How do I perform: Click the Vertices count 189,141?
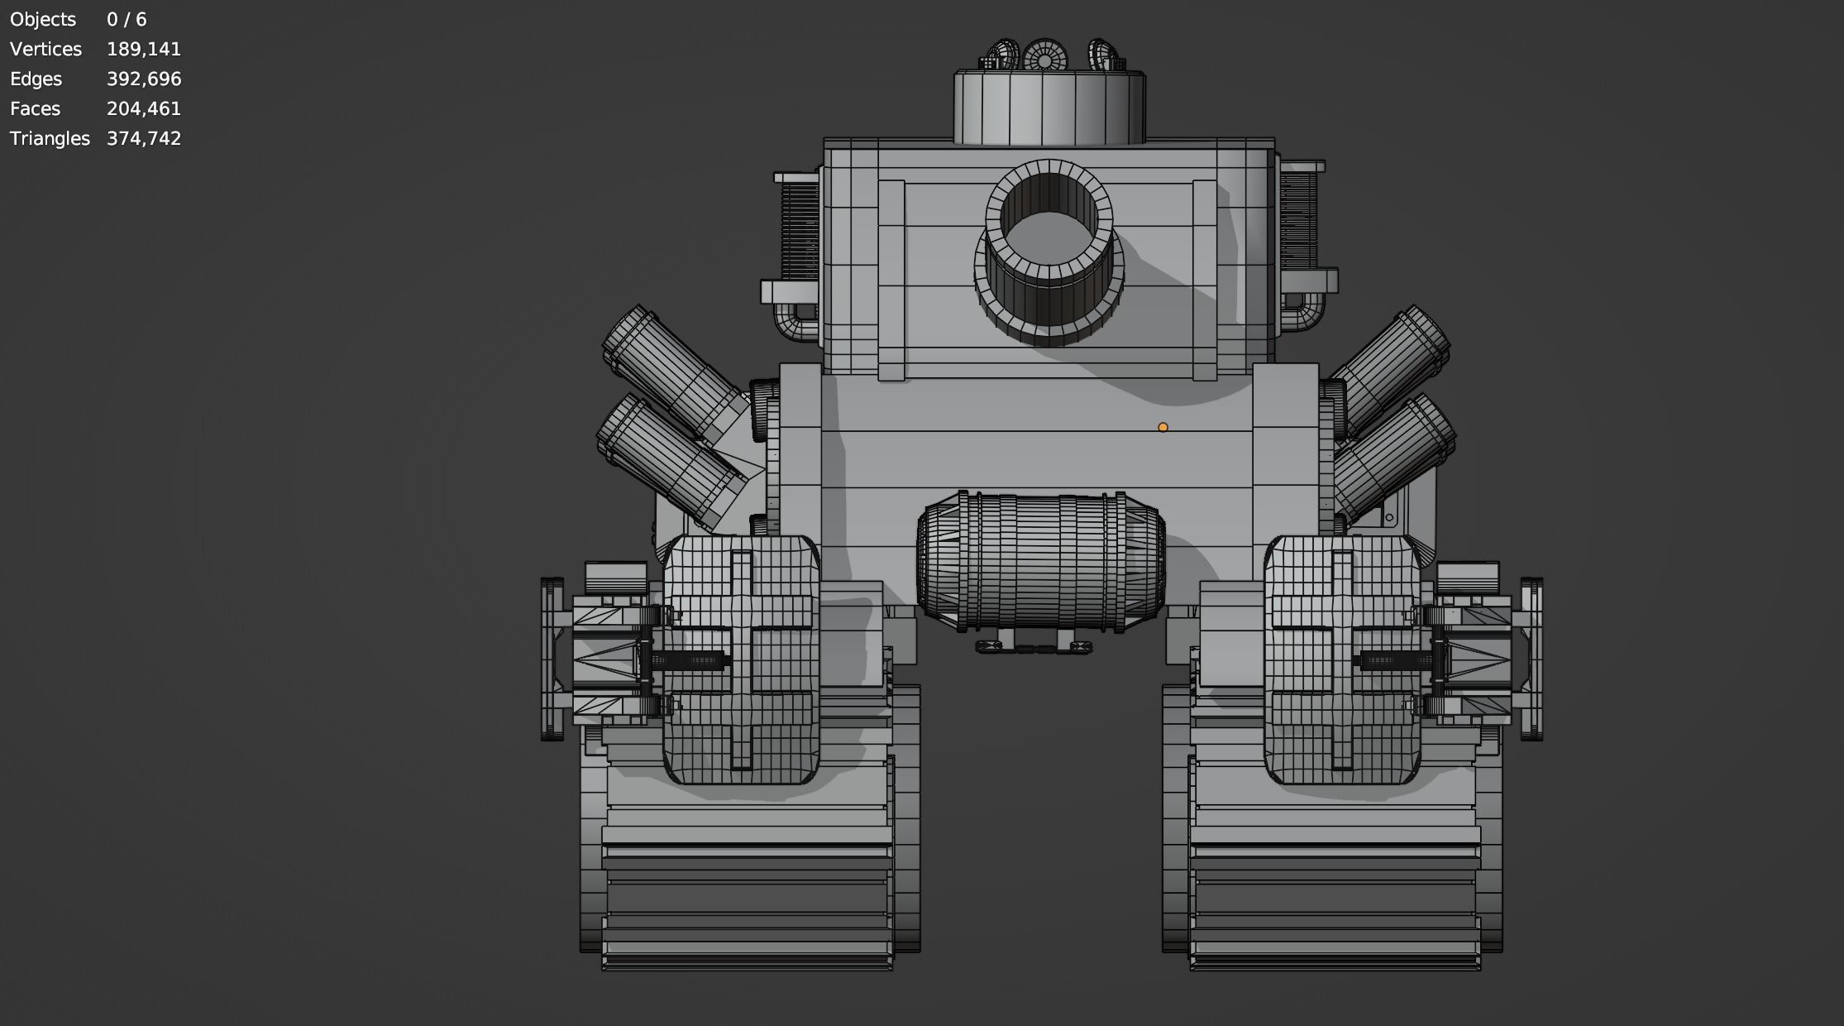(x=143, y=50)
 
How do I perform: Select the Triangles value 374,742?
(x=143, y=139)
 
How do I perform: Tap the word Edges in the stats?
(x=36, y=79)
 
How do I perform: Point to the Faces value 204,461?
(x=143, y=109)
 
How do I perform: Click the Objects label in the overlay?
(x=42, y=20)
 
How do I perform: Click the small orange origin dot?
(x=1163, y=428)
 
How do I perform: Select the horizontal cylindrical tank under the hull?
(x=1040, y=563)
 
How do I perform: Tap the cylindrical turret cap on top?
(x=1049, y=108)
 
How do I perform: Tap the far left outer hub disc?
(x=552, y=659)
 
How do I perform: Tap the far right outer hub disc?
(x=1531, y=659)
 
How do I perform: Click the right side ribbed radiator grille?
(x=1298, y=219)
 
